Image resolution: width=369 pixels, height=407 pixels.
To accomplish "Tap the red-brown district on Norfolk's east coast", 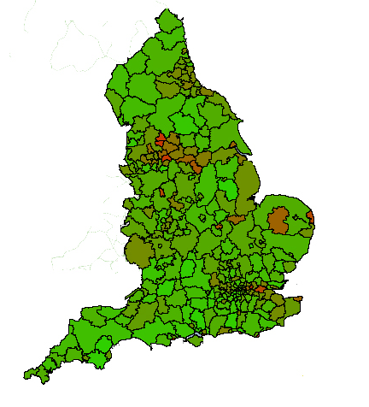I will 313,220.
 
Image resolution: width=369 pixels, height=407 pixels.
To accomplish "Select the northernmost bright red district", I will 161,138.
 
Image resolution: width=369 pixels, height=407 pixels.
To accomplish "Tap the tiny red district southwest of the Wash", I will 220,227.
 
